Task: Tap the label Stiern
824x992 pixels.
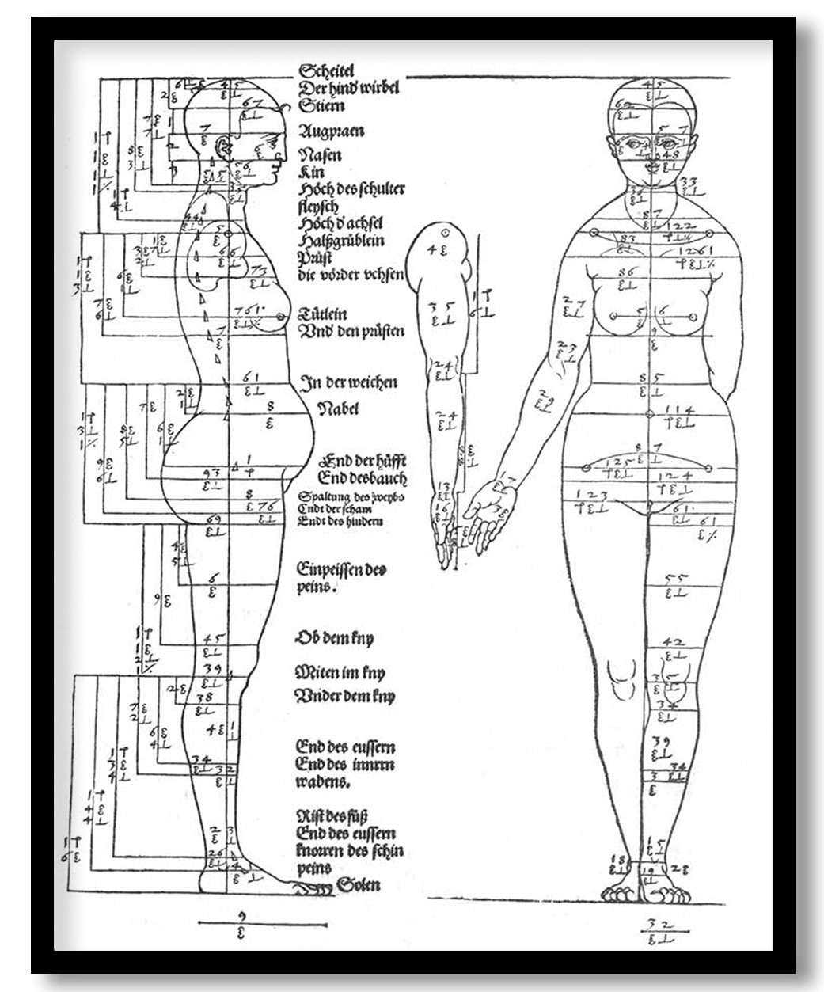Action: coord(321,105)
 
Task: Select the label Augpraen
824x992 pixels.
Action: coord(331,131)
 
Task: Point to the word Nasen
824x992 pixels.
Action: coord(320,155)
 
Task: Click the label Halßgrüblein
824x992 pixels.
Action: coord(341,241)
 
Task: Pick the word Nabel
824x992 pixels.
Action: coord(338,409)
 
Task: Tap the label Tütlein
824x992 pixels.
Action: coord(321,314)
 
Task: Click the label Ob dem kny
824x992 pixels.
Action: coord(334,637)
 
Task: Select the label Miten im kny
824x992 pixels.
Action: coord(340,673)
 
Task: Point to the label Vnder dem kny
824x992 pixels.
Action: coord(344,697)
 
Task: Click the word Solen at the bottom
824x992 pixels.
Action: coord(359,884)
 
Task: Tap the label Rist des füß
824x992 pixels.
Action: coord(332,815)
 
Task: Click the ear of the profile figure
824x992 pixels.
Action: coord(222,146)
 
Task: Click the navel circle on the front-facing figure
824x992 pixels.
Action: coord(650,414)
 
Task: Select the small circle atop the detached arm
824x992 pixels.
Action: coord(445,232)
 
